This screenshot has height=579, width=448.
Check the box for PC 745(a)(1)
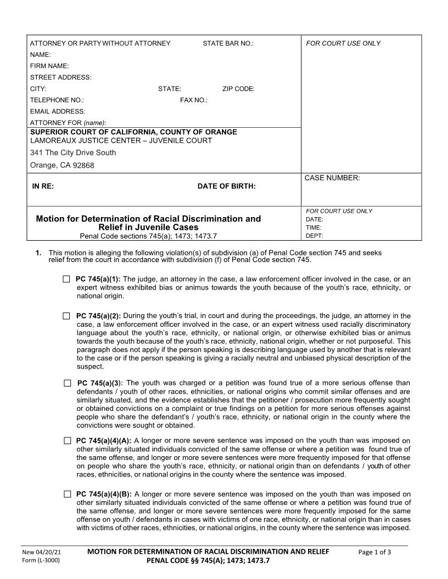66,279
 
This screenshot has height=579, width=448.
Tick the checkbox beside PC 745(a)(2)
66,316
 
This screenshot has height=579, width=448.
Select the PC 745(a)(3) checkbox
68,383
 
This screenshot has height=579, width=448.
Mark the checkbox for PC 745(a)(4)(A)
67,440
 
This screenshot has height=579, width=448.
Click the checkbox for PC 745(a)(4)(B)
67,494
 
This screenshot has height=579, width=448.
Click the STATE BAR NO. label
228,43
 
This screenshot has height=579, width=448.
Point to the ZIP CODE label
238,89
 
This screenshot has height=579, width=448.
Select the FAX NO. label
194,100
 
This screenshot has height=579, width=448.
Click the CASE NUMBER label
332,178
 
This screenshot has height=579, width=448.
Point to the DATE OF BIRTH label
226,186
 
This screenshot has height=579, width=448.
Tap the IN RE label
43,186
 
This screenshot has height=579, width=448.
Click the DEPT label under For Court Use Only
315,236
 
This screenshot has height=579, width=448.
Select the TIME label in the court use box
314,228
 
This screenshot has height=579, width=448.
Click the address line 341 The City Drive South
73,152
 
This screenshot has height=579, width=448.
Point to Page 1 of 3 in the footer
374,552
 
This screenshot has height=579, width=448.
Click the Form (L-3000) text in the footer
41,560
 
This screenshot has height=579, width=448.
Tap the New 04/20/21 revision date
42,552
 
